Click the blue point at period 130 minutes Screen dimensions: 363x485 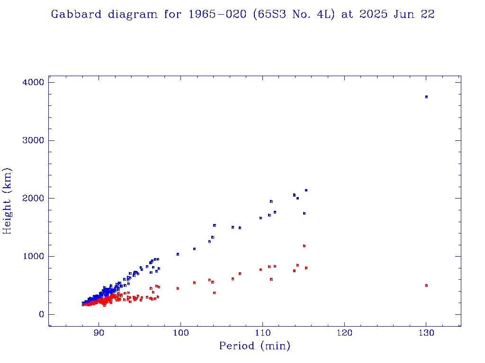point(426,97)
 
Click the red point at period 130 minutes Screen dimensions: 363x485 point(426,285)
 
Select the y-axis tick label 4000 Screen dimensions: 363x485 point(33,83)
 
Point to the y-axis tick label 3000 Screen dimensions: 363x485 point(33,141)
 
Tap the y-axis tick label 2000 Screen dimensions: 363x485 point(33,199)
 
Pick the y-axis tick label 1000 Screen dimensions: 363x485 point(33,257)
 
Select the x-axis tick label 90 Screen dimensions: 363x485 point(99,333)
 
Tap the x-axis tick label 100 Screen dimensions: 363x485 point(181,333)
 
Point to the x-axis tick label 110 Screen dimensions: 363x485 point(262,333)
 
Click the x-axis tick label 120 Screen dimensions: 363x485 point(344,333)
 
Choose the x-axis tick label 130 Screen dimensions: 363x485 point(426,333)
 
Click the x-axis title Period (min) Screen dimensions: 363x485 point(255,346)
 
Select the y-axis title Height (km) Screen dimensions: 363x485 point(8,201)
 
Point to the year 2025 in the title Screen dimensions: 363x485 point(373,14)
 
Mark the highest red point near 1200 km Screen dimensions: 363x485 point(304,246)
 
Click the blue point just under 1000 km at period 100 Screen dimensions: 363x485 point(178,254)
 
